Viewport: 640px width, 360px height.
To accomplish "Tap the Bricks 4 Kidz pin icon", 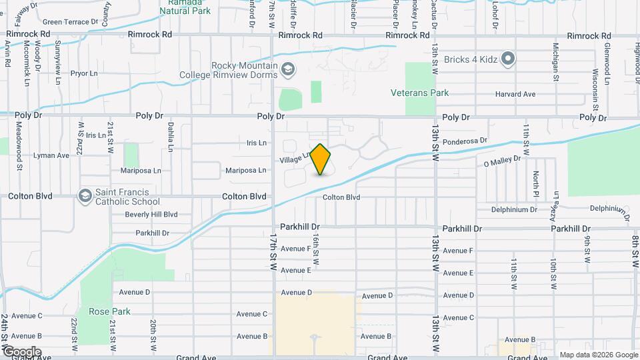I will pyautogui.click(x=508, y=59).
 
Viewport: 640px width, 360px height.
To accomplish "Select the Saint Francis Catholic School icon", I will pyautogui.click(x=85, y=196).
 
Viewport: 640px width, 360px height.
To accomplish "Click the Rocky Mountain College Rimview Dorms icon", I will pyautogui.click(x=287, y=69).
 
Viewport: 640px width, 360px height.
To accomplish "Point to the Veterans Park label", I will pyautogui.click(x=420, y=93).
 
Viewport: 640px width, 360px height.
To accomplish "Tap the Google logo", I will pyautogui.click(x=21, y=351).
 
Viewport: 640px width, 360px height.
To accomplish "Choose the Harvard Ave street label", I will pyautogui.click(x=515, y=94).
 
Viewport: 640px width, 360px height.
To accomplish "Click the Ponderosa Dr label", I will pyautogui.click(x=465, y=141).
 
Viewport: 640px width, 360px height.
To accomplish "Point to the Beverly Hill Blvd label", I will pyautogui.click(x=151, y=215).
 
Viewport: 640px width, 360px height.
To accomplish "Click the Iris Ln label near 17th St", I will pyautogui.click(x=257, y=143).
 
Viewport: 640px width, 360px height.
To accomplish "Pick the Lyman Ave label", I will pyautogui.click(x=53, y=155).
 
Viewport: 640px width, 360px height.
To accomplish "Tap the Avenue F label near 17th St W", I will pyautogui.click(x=295, y=249).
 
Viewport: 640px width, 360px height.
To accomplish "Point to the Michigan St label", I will pyautogui.click(x=555, y=61).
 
